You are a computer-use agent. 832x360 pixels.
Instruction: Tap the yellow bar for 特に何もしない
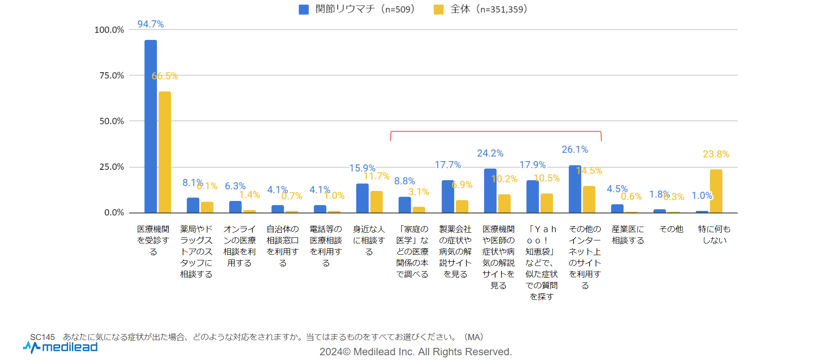pyautogui.click(x=716, y=191)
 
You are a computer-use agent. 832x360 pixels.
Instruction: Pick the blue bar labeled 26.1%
pyautogui.click(x=575, y=189)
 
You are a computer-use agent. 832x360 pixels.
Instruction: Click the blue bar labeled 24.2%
pyautogui.click(x=490, y=191)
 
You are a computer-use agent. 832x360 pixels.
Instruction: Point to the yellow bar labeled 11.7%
pyautogui.click(x=377, y=202)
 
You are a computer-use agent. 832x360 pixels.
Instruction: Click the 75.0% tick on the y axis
pyautogui.click(x=112, y=75)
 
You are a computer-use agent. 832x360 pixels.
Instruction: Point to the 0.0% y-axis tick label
pyautogui.click(x=114, y=213)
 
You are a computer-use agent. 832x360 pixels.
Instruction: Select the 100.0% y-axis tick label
pyautogui.click(x=109, y=30)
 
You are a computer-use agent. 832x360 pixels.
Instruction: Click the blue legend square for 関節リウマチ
pyautogui.click(x=304, y=10)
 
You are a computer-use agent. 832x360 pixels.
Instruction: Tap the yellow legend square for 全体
pyautogui.click(x=439, y=10)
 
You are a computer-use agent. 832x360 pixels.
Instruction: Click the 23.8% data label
pyautogui.click(x=716, y=154)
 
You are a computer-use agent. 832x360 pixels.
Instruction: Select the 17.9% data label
pyautogui.click(x=533, y=165)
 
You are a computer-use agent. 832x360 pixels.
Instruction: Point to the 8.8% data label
pyautogui.click(x=405, y=181)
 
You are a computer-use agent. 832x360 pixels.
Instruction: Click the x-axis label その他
pyautogui.click(x=671, y=229)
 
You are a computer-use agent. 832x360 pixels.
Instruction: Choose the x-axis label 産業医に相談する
pyautogui.click(x=628, y=235)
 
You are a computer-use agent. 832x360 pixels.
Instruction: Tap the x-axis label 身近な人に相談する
pyautogui.click(x=369, y=240)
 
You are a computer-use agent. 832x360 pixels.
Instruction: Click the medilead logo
pyautogui.click(x=61, y=347)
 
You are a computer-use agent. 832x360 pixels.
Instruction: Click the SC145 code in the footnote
pyautogui.click(x=42, y=337)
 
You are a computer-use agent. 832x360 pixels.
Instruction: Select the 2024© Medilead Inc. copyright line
pyautogui.click(x=416, y=352)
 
